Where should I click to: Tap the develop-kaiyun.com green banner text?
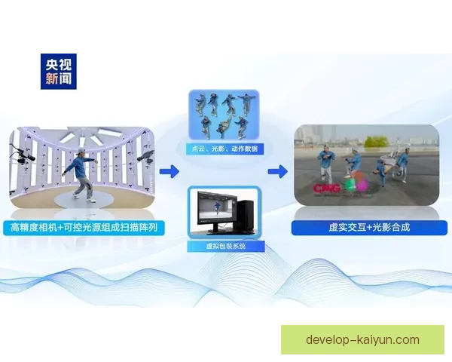[x=362, y=339]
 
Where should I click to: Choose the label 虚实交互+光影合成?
[x=366, y=226]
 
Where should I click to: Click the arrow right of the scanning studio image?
[x=169, y=172]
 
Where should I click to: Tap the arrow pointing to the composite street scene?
[x=277, y=172]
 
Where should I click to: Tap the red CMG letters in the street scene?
[x=325, y=186]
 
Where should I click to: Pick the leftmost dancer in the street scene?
[x=325, y=162]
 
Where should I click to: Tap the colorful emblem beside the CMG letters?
[x=356, y=185]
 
